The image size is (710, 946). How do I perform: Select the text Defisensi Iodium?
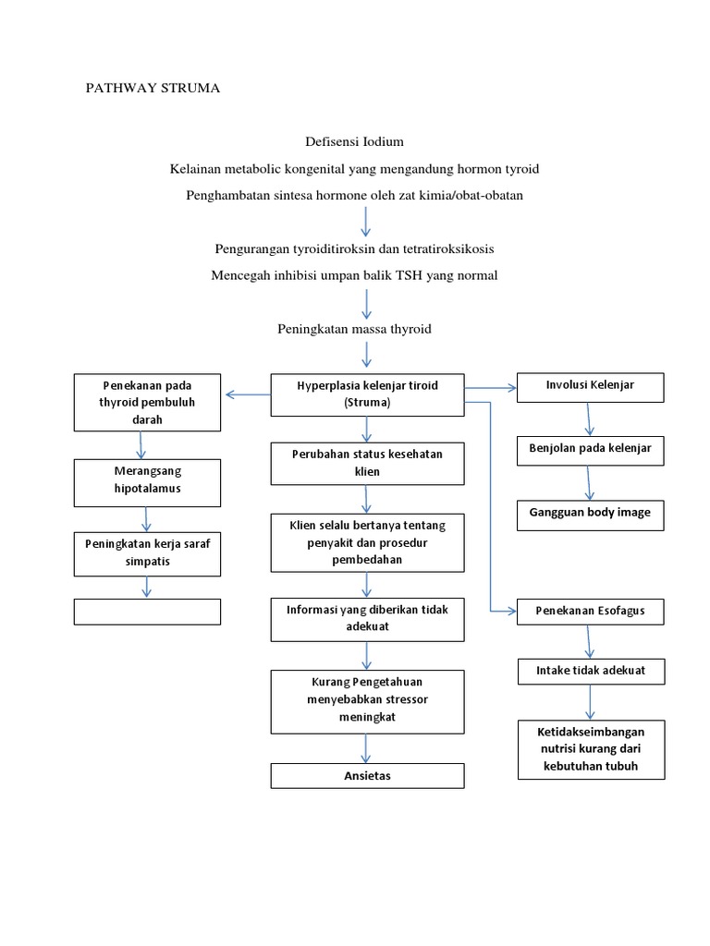tap(354, 141)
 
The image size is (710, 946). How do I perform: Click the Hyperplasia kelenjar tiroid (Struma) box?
tap(367, 394)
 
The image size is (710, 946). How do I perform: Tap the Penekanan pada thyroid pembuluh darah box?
tap(147, 402)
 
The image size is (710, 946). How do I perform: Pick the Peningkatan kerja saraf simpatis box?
tap(147, 552)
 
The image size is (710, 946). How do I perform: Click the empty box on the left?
tap(147, 612)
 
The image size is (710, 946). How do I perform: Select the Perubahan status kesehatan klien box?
tap(367, 463)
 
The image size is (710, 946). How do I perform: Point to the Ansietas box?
tap(367, 776)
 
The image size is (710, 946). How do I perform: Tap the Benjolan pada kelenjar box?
tap(590, 448)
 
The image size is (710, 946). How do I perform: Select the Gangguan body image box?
tap(590, 513)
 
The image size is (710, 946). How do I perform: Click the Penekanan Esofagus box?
tap(590, 611)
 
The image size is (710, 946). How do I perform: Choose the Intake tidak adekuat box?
tap(590, 671)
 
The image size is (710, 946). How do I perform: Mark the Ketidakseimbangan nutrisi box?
tap(590, 748)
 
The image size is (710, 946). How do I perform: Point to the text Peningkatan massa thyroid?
tap(354, 329)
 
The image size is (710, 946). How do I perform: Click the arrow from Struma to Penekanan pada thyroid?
tap(247, 395)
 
